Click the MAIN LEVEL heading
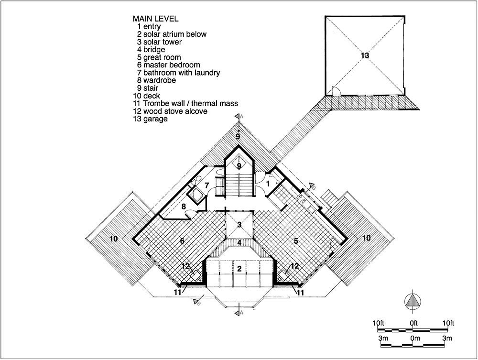point(155,19)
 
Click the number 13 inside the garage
point(365,55)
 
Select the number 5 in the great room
point(296,241)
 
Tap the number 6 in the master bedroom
point(182,241)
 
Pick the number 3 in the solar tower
point(239,225)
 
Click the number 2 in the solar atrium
point(239,269)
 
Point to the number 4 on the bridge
point(239,243)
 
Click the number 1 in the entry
point(268,184)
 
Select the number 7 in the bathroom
point(206,185)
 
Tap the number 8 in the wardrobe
point(184,207)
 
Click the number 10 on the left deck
point(113,239)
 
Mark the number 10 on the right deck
point(366,238)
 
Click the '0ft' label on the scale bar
point(413,323)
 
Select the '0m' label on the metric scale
point(415,338)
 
